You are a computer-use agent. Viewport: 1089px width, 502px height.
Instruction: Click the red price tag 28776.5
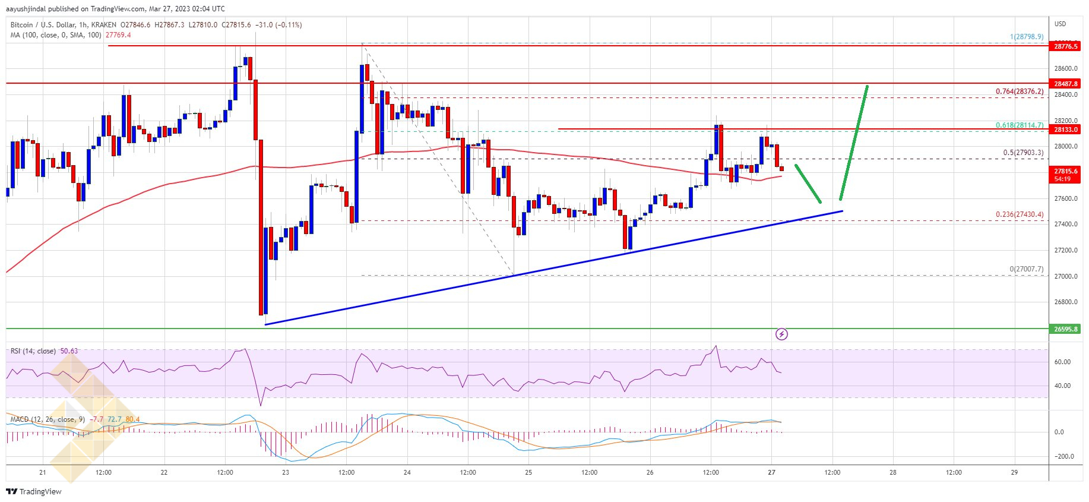(1065, 46)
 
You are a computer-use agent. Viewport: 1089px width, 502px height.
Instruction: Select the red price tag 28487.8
(1065, 84)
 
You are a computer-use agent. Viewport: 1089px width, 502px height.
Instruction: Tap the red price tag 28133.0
(1065, 130)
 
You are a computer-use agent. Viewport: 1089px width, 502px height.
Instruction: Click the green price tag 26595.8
(1065, 329)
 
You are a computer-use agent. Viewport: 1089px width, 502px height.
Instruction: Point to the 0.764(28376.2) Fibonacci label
(1020, 91)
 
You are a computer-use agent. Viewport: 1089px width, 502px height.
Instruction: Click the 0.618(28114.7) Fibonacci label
(1020, 125)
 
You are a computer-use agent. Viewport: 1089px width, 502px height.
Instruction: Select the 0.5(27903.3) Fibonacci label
(1023, 153)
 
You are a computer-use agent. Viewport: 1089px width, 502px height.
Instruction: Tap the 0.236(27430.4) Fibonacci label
(1020, 214)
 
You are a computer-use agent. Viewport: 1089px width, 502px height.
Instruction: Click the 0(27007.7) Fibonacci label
(1026, 269)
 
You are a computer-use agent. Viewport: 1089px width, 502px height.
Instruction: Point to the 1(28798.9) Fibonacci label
(1027, 37)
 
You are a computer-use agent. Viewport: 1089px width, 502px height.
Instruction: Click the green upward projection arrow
(854, 143)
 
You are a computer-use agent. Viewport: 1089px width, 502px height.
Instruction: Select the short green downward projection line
(808, 184)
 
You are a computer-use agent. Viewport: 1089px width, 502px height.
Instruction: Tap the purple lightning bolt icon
(782, 334)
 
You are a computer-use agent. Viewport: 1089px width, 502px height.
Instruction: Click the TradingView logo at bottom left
(34, 491)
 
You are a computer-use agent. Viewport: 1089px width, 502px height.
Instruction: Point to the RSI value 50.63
(69, 351)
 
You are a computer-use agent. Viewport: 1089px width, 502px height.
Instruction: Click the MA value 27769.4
(118, 35)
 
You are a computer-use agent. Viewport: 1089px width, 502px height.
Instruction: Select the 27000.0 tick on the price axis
(1066, 276)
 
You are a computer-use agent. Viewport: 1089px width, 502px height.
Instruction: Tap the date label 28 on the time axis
(893, 473)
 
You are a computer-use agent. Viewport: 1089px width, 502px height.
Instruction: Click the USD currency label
(1060, 24)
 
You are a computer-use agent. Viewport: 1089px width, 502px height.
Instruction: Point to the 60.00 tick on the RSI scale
(1063, 362)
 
